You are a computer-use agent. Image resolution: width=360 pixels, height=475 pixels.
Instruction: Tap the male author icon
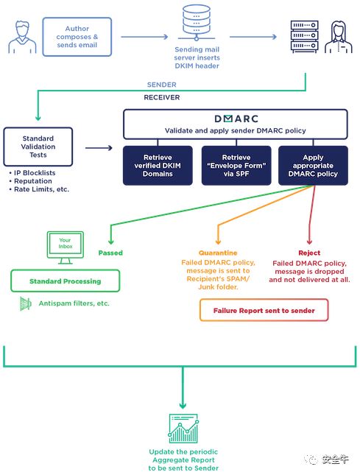(x=22, y=37)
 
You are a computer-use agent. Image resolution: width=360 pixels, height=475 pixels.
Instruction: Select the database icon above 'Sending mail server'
(x=197, y=23)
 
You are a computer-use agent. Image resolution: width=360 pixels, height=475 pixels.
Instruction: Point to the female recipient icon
(x=338, y=37)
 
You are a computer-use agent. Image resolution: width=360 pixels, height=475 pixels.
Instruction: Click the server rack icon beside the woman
(x=304, y=37)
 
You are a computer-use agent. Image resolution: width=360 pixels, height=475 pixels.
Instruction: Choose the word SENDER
(x=162, y=85)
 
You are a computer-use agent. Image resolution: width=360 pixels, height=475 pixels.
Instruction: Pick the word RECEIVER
(x=162, y=97)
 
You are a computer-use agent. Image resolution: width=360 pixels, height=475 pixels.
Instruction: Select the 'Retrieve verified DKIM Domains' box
(x=158, y=166)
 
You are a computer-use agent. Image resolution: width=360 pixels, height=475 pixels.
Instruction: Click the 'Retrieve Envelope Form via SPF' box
(x=236, y=166)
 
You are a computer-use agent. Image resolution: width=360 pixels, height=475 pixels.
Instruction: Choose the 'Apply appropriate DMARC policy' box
(x=313, y=166)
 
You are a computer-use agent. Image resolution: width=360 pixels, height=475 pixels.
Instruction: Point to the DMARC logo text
(x=236, y=119)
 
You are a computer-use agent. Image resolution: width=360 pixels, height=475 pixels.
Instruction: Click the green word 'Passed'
(x=110, y=253)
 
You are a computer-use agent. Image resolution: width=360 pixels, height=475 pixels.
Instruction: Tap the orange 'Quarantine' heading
(x=218, y=253)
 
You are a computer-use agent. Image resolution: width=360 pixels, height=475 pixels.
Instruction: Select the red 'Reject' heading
(x=309, y=253)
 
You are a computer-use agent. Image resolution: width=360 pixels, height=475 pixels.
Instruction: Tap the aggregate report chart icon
(x=183, y=429)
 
